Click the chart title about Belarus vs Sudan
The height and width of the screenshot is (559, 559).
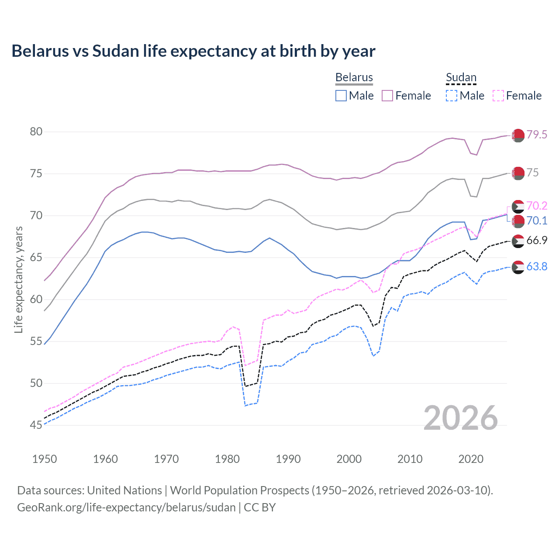pos(193,51)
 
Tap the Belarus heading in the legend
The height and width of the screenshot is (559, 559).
pos(354,77)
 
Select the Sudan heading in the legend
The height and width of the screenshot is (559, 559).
pos(461,77)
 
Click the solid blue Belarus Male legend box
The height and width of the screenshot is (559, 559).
pos(341,96)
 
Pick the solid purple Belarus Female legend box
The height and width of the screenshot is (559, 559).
pos(387,96)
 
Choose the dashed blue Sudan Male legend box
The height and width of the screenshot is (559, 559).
pos(452,96)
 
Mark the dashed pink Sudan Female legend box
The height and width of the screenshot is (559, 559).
pos(498,96)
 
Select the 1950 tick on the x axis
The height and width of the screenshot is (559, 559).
pos(45,459)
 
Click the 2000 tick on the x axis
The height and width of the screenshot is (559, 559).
pos(349,459)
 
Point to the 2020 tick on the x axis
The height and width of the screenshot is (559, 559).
pos(471,459)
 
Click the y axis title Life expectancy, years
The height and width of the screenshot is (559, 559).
pos(18,279)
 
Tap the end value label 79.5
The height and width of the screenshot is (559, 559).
pos(537,135)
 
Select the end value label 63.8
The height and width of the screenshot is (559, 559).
pos(537,266)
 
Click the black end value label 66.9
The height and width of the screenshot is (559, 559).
pos(537,240)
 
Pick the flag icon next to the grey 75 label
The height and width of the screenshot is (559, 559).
pos(518,173)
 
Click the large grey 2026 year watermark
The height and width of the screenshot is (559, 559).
pos(461,418)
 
